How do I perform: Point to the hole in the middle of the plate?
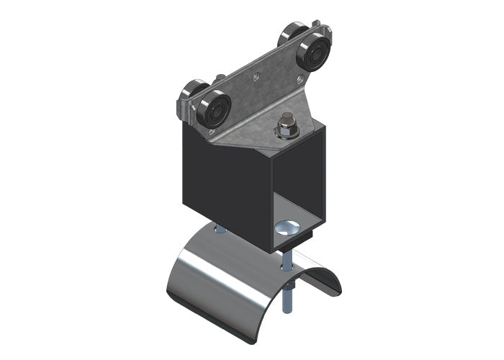[257, 72]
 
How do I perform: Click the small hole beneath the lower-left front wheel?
[211, 133]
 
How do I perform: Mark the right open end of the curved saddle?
[328, 277]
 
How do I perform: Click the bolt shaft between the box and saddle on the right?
[286, 260]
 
